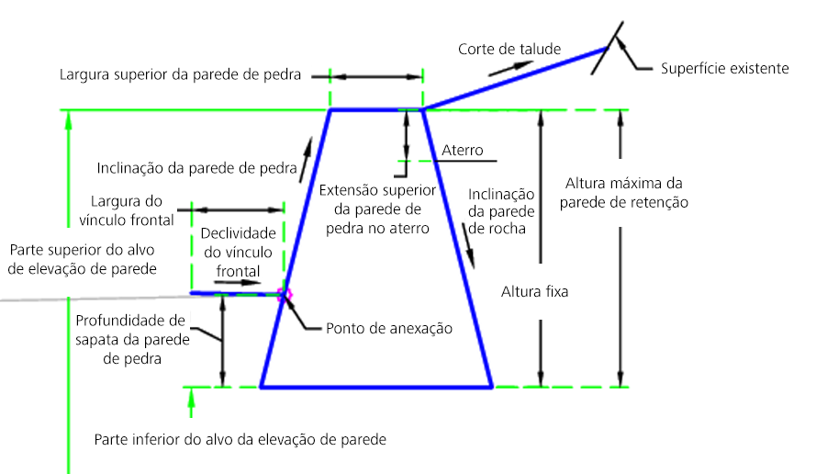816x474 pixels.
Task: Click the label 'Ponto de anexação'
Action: tap(390, 328)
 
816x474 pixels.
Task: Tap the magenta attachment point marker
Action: tap(285, 294)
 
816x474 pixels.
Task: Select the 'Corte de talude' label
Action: tap(509, 49)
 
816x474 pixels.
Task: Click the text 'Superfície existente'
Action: tap(724, 68)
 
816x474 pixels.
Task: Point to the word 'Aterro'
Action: tap(462, 150)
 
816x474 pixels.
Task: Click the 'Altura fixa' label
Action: tap(535, 293)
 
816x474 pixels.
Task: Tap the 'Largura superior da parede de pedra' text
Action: tap(180, 74)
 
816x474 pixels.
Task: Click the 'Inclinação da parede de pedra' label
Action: tap(197, 168)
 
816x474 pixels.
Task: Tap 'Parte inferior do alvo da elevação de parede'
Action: tap(240, 439)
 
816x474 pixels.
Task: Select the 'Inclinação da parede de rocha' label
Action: tap(501, 211)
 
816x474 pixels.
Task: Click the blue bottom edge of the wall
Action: tap(376, 387)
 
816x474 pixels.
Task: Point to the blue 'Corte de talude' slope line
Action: tap(514, 79)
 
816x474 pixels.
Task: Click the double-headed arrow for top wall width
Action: tap(375, 75)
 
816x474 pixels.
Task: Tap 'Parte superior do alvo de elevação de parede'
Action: tap(82, 259)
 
